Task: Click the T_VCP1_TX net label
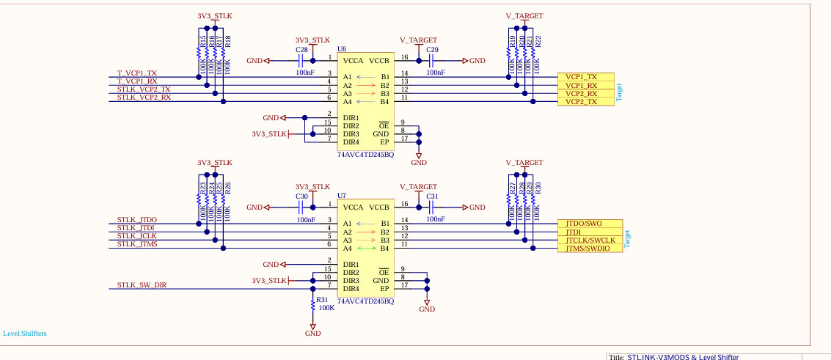click(x=137, y=73)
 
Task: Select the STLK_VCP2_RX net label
click(x=144, y=97)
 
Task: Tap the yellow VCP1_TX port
click(x=582, y=77)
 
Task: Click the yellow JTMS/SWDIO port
click(x=588, y=249)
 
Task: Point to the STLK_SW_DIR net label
click(x=142, y=284)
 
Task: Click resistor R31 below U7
click(x=313, y=304)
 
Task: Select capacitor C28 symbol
click(x=301, y=60)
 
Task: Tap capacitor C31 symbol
click(x=432, y=207)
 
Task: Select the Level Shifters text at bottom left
click(x=25, y=334)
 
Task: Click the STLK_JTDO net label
click(x=137, y=220)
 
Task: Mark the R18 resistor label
click(x=227, y=42)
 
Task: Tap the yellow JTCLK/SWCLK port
click(x=590, y=240)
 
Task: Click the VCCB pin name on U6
click(x=379, y=60)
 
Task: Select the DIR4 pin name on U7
click(x=351, y=289)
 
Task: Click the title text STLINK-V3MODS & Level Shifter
click(x=683, y=357)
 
